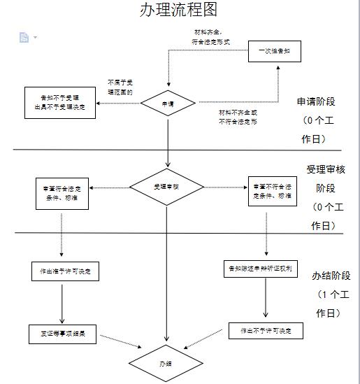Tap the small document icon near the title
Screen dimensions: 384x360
tap(24, 37)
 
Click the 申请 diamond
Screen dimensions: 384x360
tap(168, 104)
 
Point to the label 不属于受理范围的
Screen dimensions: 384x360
tap(120, 87)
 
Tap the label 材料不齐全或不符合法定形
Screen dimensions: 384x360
tap(238, 117)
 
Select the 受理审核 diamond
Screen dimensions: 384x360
tap(166, 187)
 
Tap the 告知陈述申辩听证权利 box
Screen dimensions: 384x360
tap(260, 269)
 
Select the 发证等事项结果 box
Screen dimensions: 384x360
tap(62, 334)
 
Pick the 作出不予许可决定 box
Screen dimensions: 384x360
tap(266, 330)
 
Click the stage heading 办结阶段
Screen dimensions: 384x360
tap(331, 276)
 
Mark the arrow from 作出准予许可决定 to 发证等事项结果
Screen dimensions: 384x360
tap(63, 301)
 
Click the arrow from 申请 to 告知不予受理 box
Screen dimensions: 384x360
tap(118, 104)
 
